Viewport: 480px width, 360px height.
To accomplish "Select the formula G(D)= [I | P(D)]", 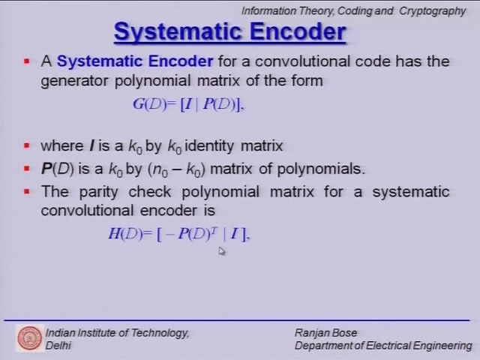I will pos(188,103).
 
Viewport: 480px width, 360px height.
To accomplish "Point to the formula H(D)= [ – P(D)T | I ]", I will pos(178,234).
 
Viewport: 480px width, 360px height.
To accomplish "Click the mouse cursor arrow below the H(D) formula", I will pos(221,250).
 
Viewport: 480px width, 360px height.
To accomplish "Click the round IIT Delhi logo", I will pos(30,339).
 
